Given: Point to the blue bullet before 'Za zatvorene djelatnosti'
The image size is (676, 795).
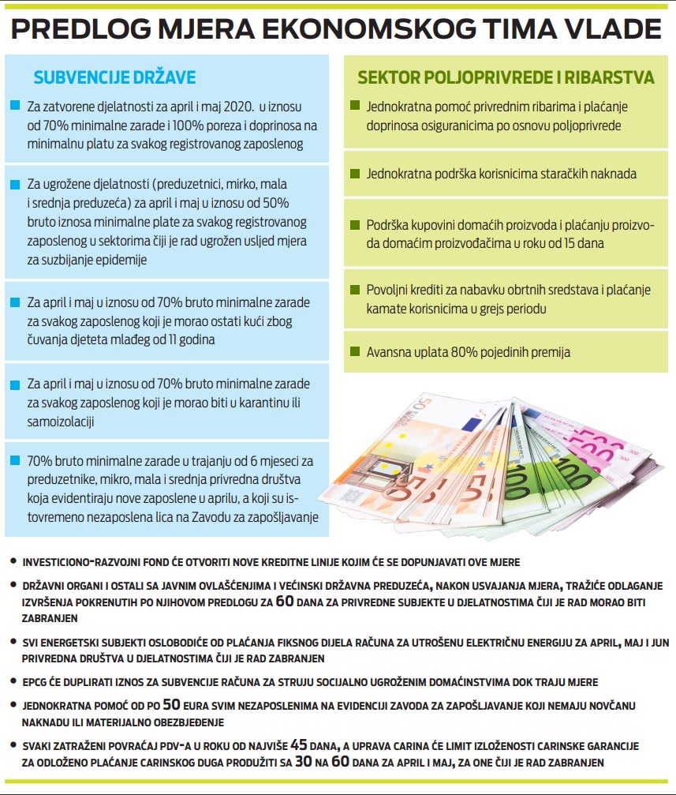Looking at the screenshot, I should (x=15, y=106).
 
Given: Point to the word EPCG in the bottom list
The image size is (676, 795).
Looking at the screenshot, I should (x=37, y=681).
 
